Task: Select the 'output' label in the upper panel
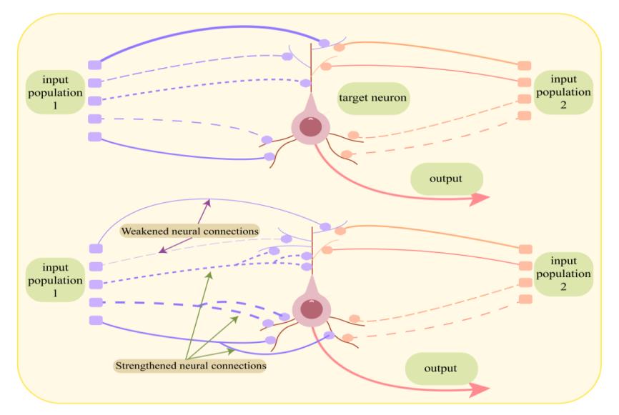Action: (447, 178)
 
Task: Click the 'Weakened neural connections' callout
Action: (189, 232)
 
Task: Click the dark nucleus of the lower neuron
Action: (310, 309)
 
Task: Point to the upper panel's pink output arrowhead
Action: (481, 200)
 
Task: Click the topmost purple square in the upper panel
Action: (95, 65)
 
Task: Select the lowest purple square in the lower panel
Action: (95, 320)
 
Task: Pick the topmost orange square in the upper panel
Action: (524, 66)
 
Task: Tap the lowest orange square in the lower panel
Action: (524, 299)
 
